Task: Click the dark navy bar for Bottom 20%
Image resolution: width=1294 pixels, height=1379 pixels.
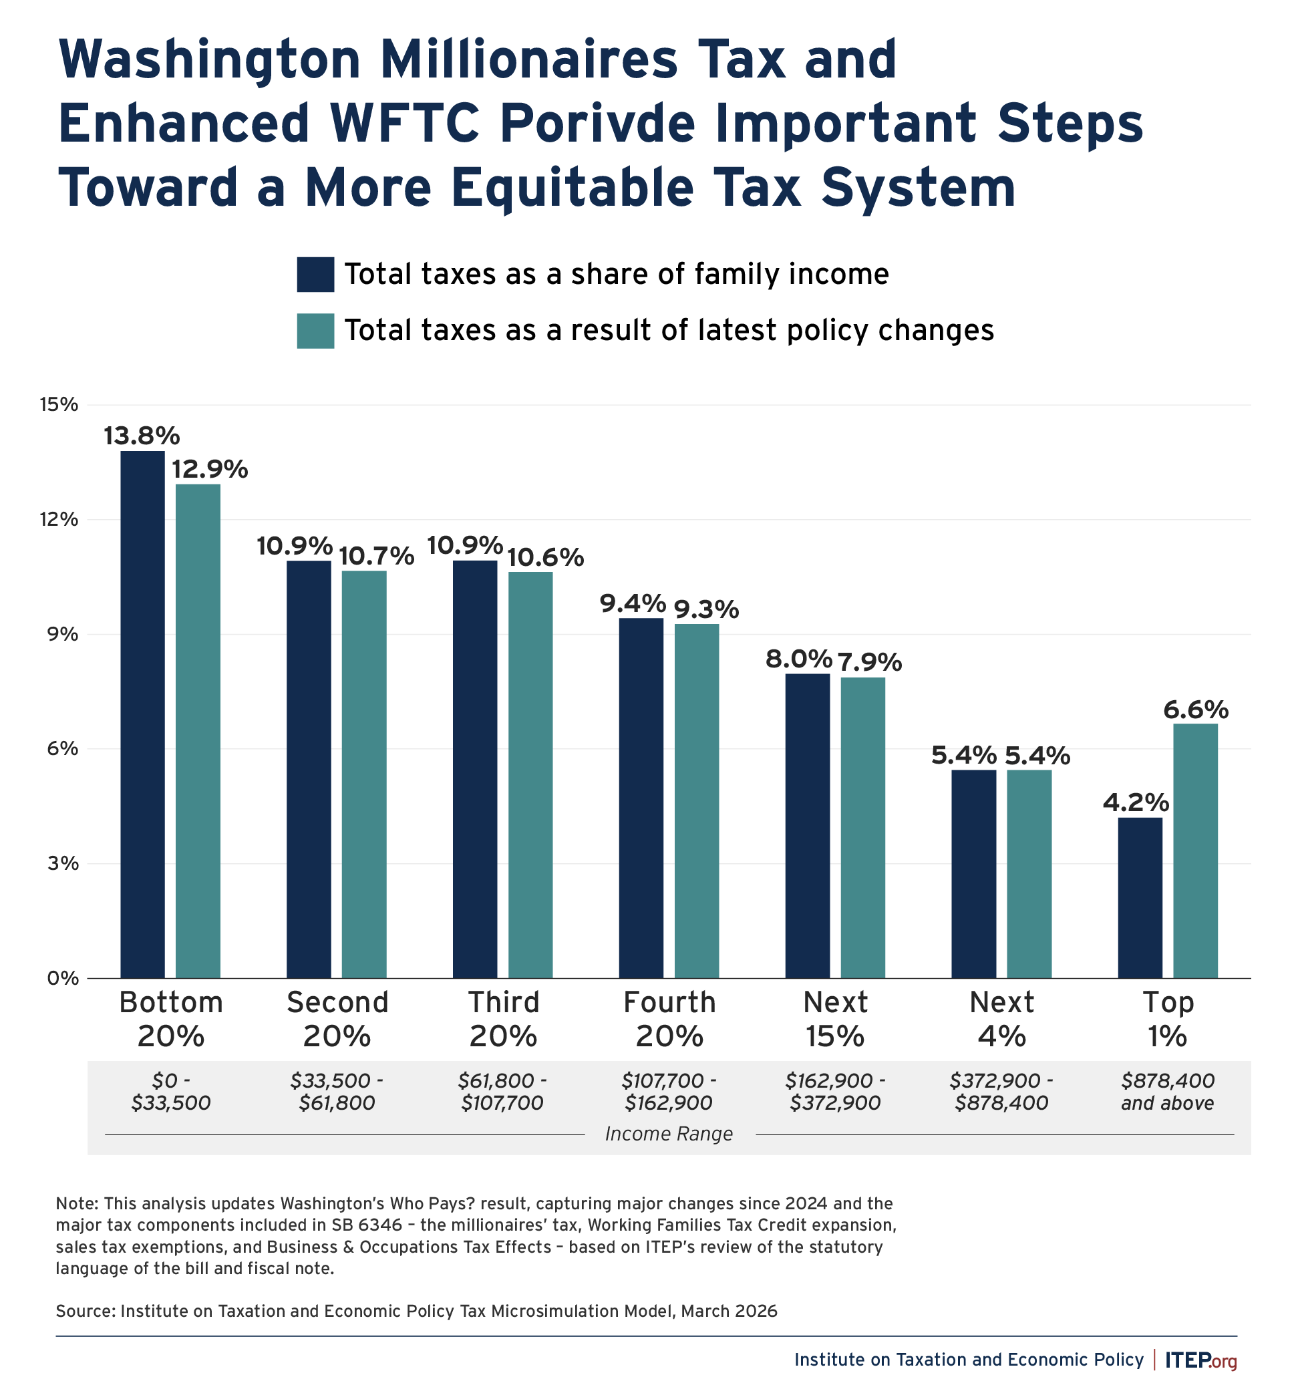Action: click(x=142, y=714)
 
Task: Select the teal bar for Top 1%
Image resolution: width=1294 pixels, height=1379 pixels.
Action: click(x=1195, y=851)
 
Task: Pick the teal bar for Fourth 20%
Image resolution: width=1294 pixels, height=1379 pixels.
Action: click(x=696, y=801)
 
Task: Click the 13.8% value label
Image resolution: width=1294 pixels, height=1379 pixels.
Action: click(x=142, y=436)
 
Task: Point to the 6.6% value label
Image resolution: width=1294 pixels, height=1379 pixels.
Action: click(x=1196, y=710)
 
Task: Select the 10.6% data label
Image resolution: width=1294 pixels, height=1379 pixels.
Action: click(x=546, y=557)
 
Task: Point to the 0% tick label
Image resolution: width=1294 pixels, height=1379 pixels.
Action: click(x=62, y=978)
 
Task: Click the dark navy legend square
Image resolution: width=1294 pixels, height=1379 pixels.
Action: click(x=315, y=275)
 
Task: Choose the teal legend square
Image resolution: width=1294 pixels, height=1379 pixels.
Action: click(x=315, y=331)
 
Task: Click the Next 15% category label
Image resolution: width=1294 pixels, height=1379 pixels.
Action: click(x=835, y=1019)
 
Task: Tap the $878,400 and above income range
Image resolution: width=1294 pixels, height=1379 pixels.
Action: click(x=1167, y=1092)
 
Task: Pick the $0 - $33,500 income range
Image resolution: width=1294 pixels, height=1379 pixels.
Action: click(x=170, y=1092)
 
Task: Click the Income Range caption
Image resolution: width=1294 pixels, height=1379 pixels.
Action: click(x=669, y=1133)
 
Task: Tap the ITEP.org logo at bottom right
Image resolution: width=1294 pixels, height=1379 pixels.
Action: click(x=1200, y=1360)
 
